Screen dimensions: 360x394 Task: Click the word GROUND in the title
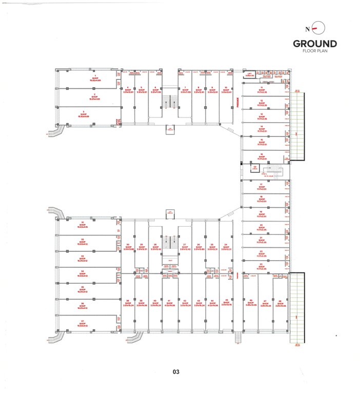315,44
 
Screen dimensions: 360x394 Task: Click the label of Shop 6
155,89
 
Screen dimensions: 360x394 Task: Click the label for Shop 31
83,224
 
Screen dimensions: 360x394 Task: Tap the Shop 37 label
83,324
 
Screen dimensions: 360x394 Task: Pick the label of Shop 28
155,247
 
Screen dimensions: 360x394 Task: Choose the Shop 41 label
169,303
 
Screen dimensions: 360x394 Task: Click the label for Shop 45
226,303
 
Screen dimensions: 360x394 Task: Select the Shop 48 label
279,303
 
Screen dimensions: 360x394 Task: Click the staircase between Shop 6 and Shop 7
170,97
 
